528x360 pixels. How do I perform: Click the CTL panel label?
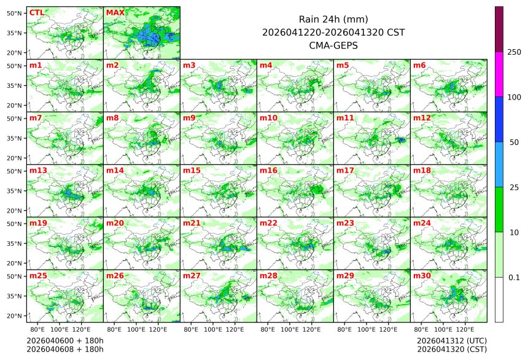pyautogui.click(x=36, y=13)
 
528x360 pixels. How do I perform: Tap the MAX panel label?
pyautogui.click(x=115, y=13)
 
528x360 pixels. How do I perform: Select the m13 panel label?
pyautogui.click(x=38, y=170)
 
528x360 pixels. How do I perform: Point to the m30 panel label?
pyautogui.click(x=422, y=276)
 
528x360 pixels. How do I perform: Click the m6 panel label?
pyautogui.click(x=419, y=65)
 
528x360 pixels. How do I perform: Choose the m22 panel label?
pyautogui.click(x=268, y=223)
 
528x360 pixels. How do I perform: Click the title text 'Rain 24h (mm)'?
pyautogui.click(x=333, y=19)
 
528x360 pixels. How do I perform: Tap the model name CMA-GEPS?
pyautogui.click(x=333, y=45)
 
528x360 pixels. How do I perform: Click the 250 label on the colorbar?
pyautogui.click(x=514, y=52)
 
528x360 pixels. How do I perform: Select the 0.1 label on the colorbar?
pyautogui.click(x=514, y=277)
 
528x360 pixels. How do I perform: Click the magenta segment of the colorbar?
pyautogui.click(x=499, y=74)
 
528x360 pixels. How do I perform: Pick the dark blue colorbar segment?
pyautogui.click(x=499, y=119)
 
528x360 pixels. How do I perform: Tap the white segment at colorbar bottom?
pyautogui.click(x=499, y=299)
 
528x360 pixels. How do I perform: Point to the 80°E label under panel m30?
pyautogui.click(x=422, y=329)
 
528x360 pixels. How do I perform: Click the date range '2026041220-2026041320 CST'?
pyautogui.click(x=333, y=32)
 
